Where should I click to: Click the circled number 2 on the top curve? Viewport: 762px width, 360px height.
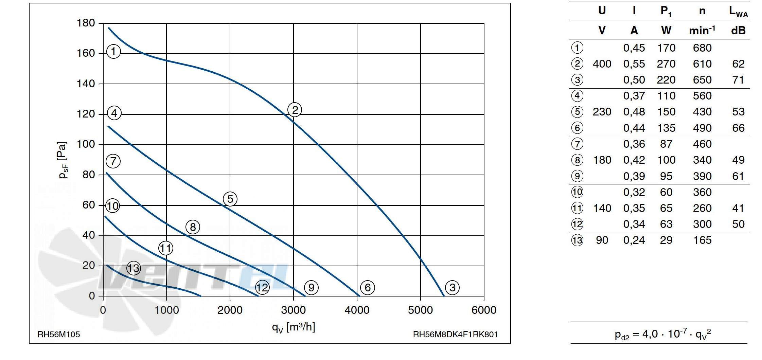coord(295,110)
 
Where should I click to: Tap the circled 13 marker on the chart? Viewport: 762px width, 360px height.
coord(134,268)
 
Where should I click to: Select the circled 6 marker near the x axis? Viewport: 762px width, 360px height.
coord(367,288)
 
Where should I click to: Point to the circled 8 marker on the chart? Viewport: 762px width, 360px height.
coord(193,227)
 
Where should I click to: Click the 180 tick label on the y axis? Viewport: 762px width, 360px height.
coord(86,23)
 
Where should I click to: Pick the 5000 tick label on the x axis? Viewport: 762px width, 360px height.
coord(420,310)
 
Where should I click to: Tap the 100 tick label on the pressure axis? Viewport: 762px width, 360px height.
coord(86,144)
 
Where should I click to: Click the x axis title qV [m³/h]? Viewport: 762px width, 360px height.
coord(294,327)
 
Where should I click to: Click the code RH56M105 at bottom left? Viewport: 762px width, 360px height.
coord(58,335)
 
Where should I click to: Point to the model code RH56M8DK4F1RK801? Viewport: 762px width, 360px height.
coord(455,335)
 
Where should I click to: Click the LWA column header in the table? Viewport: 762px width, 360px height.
coord(738,12)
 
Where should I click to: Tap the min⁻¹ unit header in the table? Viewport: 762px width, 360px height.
coord(702,31)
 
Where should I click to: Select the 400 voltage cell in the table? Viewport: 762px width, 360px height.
coord(602,64)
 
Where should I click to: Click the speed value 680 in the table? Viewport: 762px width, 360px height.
coord(702,48)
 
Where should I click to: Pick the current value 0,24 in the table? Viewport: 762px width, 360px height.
coord(634,240)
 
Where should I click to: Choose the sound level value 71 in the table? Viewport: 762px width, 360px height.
coord(738,80)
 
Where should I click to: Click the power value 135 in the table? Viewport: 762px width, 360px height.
coord(666,128)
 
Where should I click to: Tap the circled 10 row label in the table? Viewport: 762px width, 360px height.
coord(577,192)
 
